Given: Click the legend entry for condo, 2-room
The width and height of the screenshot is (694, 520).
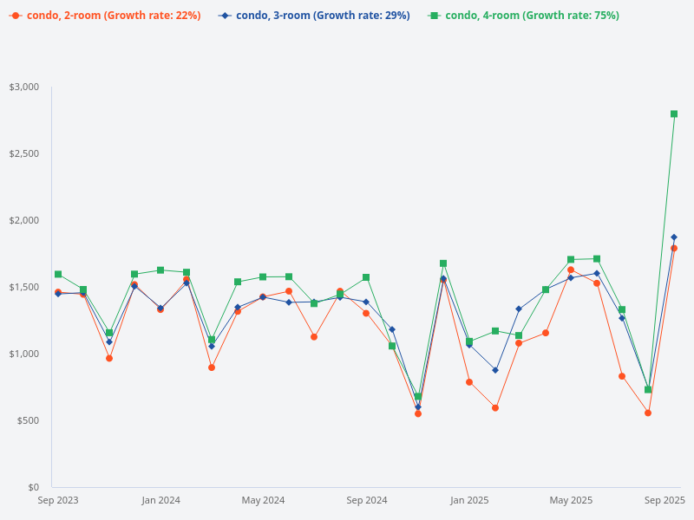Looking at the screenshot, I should coord(105,16).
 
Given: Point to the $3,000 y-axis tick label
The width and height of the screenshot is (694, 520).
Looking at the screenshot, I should coord(24,88).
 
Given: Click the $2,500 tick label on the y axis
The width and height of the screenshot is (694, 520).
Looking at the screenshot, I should coord(24,154).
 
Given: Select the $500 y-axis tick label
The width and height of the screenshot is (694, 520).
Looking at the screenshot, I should coord(28,421).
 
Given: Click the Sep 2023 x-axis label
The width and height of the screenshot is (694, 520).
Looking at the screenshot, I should coord(58,501).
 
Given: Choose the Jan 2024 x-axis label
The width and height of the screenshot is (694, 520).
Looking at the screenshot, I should coord(160,501).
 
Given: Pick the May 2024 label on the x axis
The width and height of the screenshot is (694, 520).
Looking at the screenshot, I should coord(263,501).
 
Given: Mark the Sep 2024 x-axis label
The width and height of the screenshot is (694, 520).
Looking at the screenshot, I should coord(366,501).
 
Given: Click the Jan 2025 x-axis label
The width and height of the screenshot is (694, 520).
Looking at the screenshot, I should coord(469,501).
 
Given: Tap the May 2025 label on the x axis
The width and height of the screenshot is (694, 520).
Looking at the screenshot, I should coord(571,501).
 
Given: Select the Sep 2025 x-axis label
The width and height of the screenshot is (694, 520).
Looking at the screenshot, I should coord(665,501).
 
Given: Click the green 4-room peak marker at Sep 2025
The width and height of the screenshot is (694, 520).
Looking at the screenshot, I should coord(674,114).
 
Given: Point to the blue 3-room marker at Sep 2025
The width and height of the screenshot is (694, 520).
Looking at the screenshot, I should coord(674,237).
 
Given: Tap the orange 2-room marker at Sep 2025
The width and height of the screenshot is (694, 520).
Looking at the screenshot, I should coord(674,249).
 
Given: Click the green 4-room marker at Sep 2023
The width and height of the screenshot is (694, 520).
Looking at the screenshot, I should coord(58,275).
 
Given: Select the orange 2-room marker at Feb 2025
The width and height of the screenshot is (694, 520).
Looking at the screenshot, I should coord(495,407).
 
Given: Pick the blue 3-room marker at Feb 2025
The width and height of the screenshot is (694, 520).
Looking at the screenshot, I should coord(495,370).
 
